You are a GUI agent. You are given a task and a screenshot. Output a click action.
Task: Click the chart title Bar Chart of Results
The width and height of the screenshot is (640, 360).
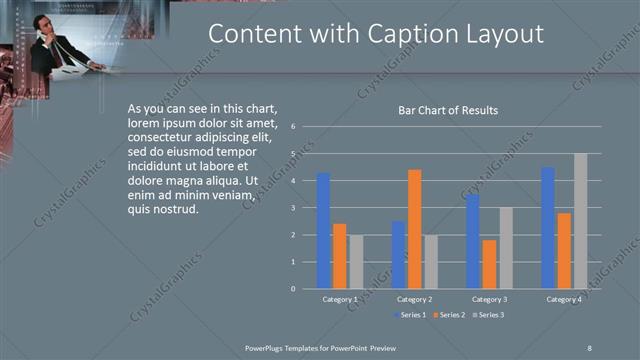pos(442,110)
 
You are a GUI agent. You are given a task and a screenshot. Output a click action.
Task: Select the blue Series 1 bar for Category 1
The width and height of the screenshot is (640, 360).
pos(323,231)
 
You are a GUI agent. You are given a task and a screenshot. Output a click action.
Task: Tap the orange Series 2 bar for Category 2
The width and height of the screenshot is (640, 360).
pos(414,229)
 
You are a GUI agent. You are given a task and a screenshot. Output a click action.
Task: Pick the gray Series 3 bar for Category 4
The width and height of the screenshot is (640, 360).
pos(580,221)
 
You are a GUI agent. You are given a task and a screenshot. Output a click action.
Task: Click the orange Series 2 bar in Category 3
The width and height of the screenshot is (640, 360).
pos(489,264)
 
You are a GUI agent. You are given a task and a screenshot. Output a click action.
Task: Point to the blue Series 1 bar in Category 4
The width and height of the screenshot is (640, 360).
pos(548,228)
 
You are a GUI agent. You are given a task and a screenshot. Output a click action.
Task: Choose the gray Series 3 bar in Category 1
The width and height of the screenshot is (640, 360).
pos(356,261)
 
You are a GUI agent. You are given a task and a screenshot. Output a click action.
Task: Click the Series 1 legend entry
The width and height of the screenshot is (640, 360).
pos(410,315)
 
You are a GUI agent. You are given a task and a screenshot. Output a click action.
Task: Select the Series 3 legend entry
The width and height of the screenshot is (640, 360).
pos(487,315)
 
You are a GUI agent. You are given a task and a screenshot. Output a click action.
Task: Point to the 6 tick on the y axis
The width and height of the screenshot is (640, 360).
pos(293,127)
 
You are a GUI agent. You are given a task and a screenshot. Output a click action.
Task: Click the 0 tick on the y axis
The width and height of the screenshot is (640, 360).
pos(293,288)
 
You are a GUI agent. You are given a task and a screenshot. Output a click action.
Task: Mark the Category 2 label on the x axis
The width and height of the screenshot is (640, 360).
pos(414,299)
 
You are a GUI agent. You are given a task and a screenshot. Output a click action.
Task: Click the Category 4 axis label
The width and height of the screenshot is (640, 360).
pos(564,299)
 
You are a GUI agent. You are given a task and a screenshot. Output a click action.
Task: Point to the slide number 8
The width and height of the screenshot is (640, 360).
pos(589,346)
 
